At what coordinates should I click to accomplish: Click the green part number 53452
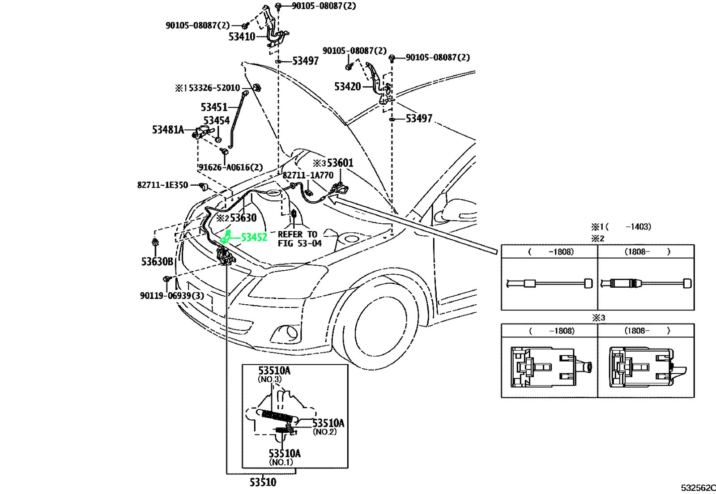(254, 238)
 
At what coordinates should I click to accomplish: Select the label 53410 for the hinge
(242, 37)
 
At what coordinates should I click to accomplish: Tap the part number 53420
(347, 87)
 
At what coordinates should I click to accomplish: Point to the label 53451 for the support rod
(214, 107)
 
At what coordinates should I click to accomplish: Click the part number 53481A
(168, 130)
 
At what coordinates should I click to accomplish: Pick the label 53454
(217, 120)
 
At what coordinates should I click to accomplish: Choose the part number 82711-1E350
(163, 185)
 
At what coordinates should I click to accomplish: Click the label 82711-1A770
(308, 175)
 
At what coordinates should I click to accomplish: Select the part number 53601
(340, 163)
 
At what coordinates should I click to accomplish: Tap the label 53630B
(157, 262)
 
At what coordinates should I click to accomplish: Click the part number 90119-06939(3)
(172, 296)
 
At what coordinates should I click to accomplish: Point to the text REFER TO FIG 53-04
(299, 238)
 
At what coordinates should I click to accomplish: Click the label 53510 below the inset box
(263, 482)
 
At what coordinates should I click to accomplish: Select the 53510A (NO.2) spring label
(328, 426)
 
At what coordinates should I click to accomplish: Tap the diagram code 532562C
(699, 488)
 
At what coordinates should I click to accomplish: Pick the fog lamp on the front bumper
(286, 333)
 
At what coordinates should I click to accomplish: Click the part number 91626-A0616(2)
(230, 167)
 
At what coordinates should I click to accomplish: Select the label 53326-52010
(214, 88)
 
